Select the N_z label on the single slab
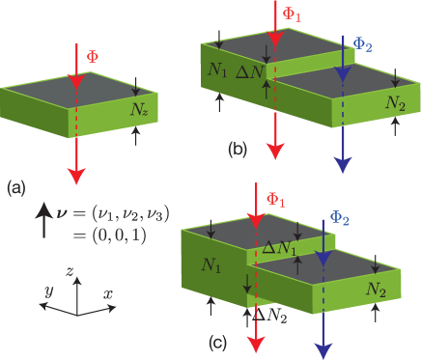coord(139,110)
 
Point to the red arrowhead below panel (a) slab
coord(75,175)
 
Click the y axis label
coord(47,290)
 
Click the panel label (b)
coord(238,150)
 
